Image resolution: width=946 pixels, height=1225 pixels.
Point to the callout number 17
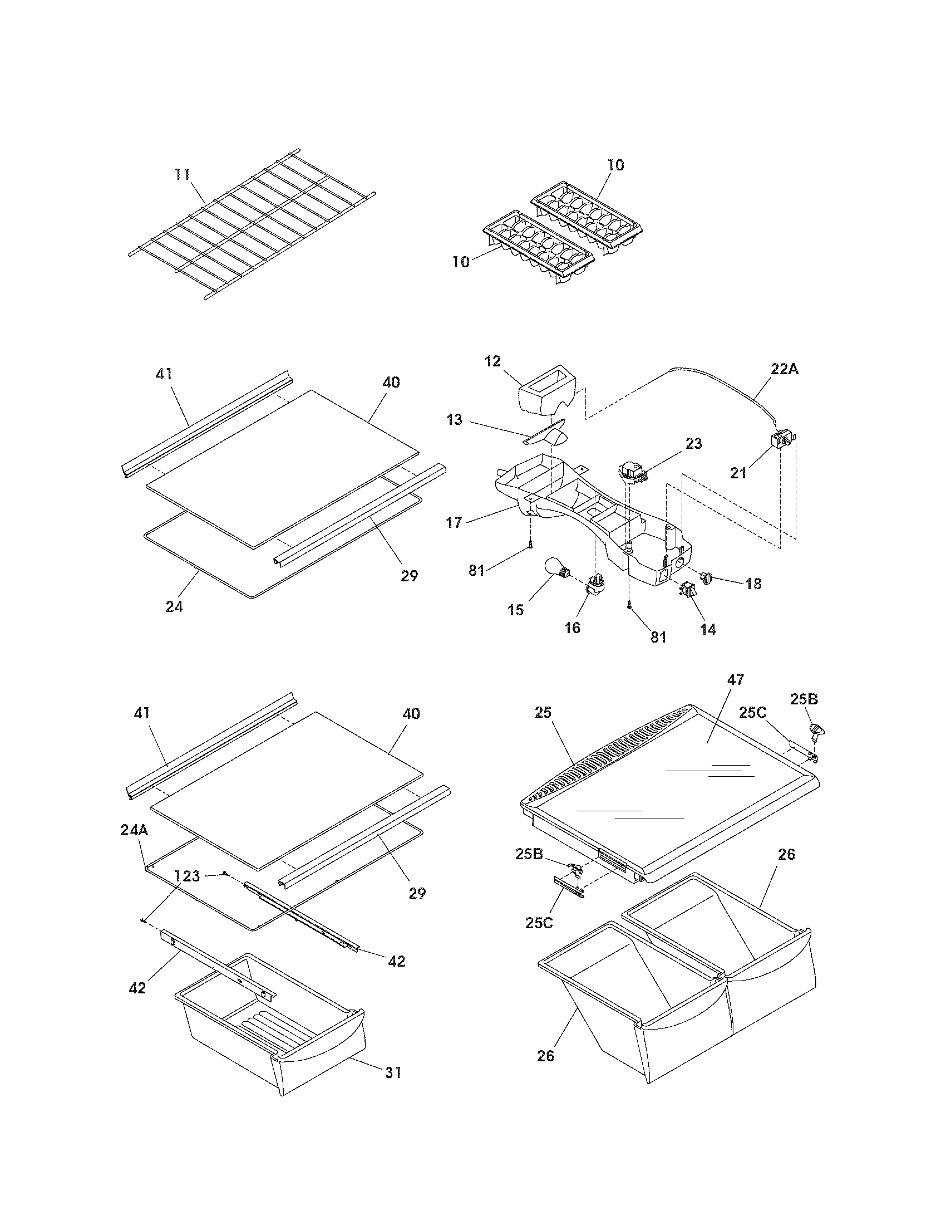point(454,523)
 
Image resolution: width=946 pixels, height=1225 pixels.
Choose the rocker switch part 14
point(687,590)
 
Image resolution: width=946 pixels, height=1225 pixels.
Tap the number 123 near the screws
point(186,876)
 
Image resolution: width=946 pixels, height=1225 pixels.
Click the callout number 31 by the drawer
point(392,1073)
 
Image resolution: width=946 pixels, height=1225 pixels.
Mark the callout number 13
point(454,419)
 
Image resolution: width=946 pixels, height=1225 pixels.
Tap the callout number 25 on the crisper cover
point(543,713)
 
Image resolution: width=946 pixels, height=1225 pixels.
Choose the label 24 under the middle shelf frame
point(174,606)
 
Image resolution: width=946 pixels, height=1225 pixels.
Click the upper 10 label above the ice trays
point(615,165)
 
